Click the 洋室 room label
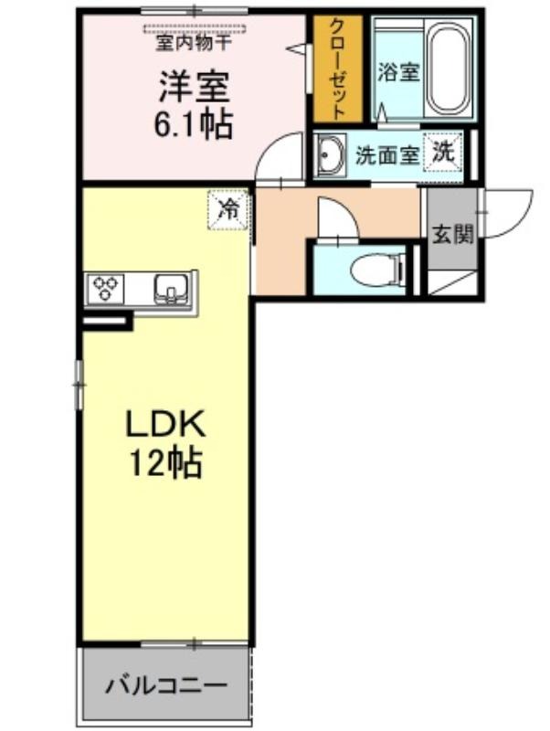194,87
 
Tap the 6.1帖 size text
193,124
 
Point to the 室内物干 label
193,43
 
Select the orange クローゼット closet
337,69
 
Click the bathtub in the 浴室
449,69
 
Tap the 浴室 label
398,71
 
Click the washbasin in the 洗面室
330,154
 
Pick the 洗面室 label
386,154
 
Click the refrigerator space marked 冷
228,209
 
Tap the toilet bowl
377,269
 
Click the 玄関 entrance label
452,235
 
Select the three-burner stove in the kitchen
104,289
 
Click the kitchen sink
172,289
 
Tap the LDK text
165,423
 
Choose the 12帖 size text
165,462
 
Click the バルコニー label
166,686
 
